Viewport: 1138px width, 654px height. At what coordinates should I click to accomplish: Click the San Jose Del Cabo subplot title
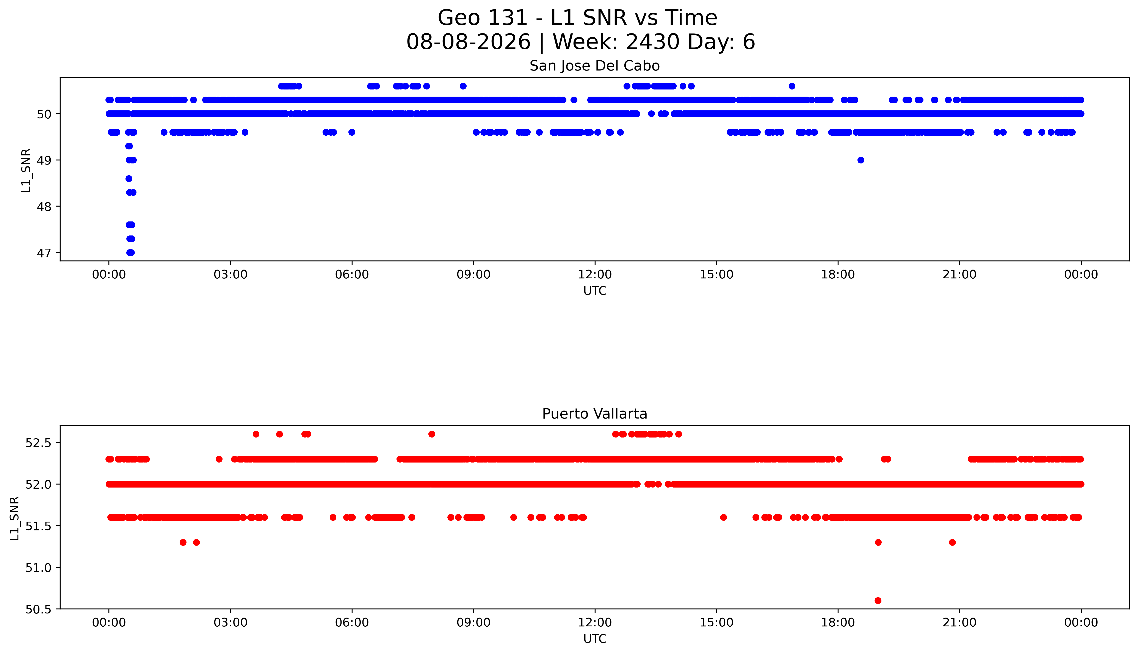click(x=595, y=66)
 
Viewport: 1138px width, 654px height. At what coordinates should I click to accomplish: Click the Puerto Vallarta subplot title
click(x=595, y=414)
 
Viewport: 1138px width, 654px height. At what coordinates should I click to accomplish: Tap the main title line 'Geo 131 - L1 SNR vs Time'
click(x=578, y=18)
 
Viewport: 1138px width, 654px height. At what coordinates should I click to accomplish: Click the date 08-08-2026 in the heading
click(x=468, y=42)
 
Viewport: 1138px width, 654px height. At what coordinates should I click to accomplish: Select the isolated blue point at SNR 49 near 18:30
click(x=861, y=160)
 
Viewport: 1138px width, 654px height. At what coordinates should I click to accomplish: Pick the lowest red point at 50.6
click(x=878, y=601)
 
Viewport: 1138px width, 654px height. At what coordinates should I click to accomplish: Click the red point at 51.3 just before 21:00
click(x=952, y=542)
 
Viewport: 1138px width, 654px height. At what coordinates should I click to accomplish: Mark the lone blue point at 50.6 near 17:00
click(x=792, y=86)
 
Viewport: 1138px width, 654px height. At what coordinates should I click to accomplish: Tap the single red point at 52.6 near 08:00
click(x=432, y=434)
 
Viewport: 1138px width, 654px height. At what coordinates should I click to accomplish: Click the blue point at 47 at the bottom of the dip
click(x=130, y=253)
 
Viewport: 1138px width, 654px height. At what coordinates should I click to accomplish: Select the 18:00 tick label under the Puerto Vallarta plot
click(x=838, y=623)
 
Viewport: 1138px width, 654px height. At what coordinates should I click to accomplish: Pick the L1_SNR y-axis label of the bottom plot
click(x=15, y=518)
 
